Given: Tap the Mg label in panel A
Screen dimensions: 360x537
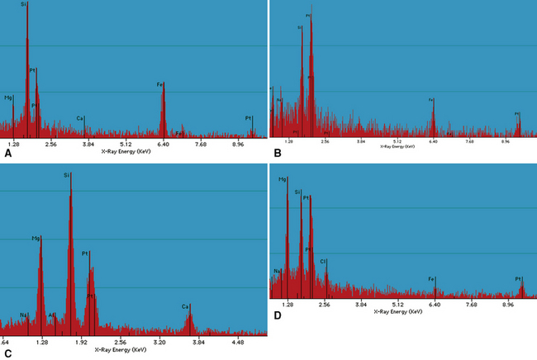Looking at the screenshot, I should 8,97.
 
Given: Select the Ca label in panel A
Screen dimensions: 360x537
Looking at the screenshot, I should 80,118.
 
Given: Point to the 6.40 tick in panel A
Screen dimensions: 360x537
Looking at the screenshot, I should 163,144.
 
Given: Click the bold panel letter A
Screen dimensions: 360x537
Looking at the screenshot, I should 8,154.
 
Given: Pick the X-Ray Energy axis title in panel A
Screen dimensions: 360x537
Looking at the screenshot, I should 126,151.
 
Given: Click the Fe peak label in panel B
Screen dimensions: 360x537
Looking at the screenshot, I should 431,100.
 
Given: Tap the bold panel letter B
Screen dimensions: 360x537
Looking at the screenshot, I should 278,154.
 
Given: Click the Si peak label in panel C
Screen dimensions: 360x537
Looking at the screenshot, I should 67,174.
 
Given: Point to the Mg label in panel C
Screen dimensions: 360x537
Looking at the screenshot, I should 36,238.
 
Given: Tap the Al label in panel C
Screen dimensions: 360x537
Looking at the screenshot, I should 51,315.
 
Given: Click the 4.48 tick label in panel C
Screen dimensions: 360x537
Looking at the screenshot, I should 238,340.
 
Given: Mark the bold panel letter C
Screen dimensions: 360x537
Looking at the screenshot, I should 8,353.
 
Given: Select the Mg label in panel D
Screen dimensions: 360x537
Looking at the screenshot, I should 283,178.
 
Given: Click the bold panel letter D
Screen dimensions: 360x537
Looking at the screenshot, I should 278,315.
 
